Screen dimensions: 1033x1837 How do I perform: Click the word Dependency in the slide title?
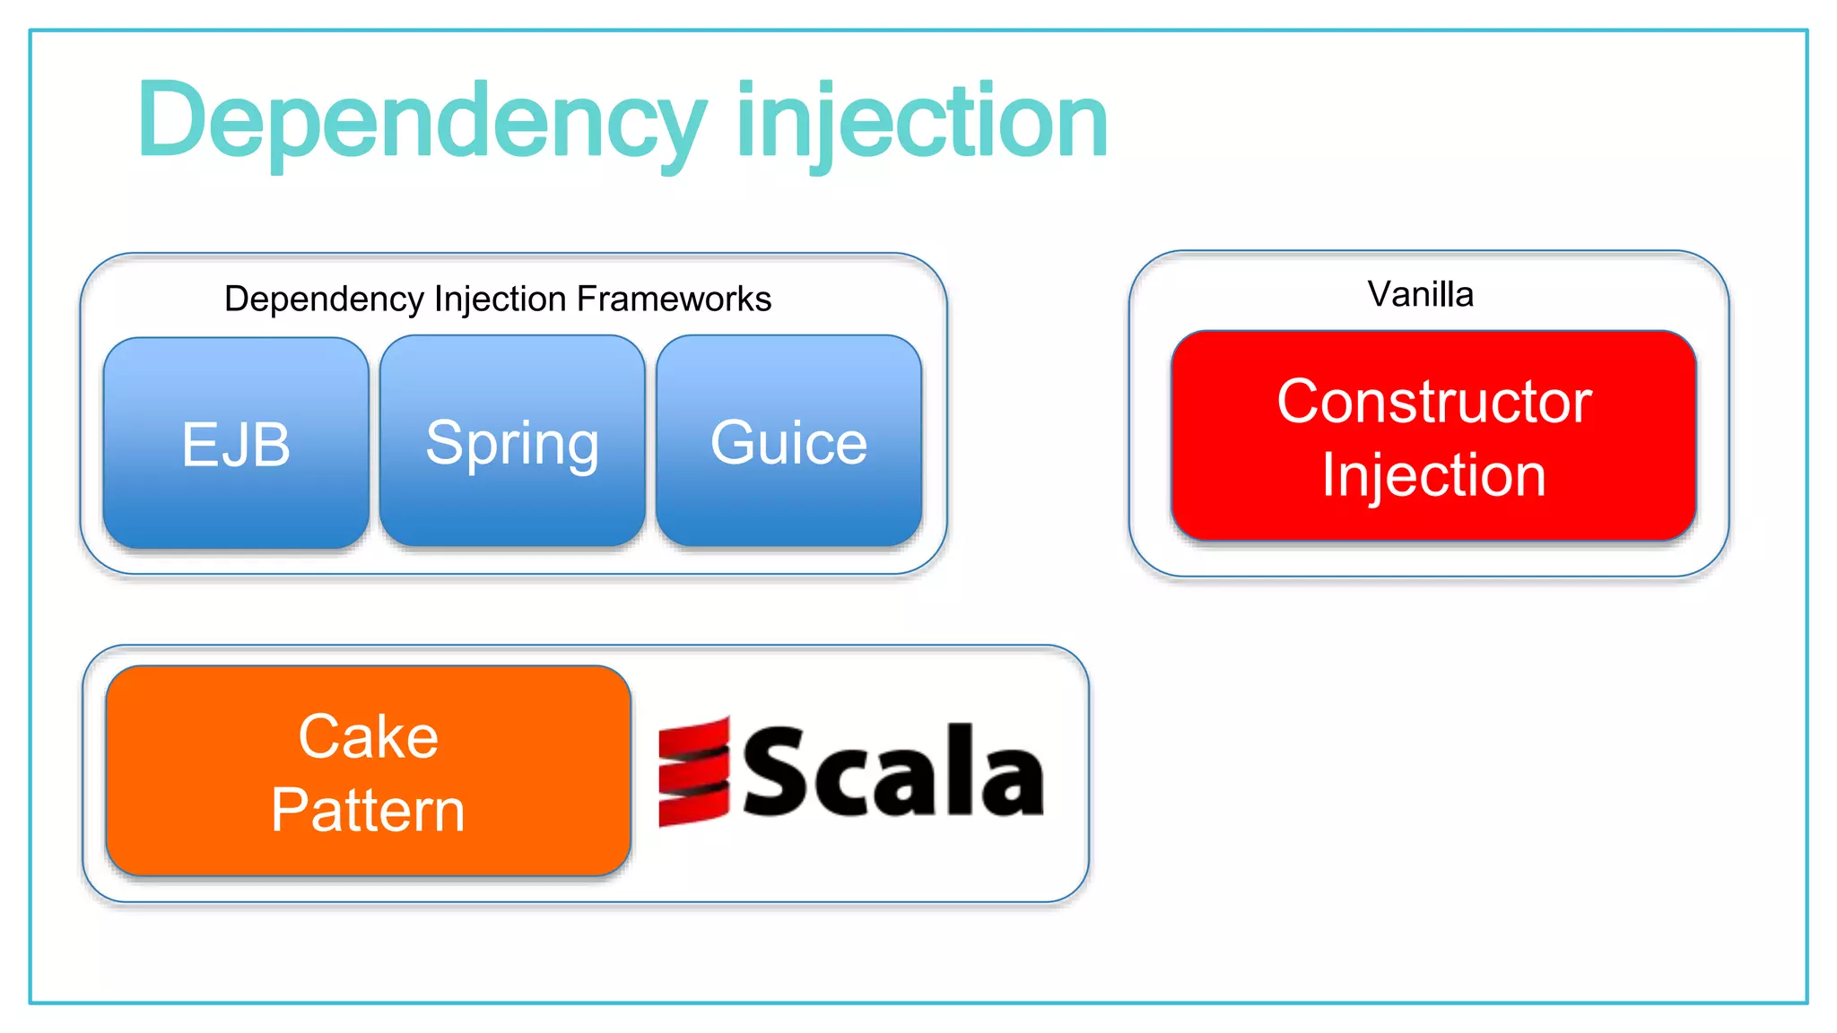(422, 121)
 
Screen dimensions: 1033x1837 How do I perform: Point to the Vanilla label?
(1420, 294)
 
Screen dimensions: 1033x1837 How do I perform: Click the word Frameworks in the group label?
(674, 299)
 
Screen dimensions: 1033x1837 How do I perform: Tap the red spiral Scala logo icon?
(693, 771)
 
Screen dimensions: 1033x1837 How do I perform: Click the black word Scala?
(893, 771)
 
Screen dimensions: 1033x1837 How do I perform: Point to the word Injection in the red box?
(1433, 474)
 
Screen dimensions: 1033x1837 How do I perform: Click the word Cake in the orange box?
(368, 737)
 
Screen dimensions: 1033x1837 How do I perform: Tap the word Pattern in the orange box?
(368, 810)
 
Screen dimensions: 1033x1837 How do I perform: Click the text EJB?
(236, 444)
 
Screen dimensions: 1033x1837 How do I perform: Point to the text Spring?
(512, 444)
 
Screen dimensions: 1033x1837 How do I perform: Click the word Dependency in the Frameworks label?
(324, 299)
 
